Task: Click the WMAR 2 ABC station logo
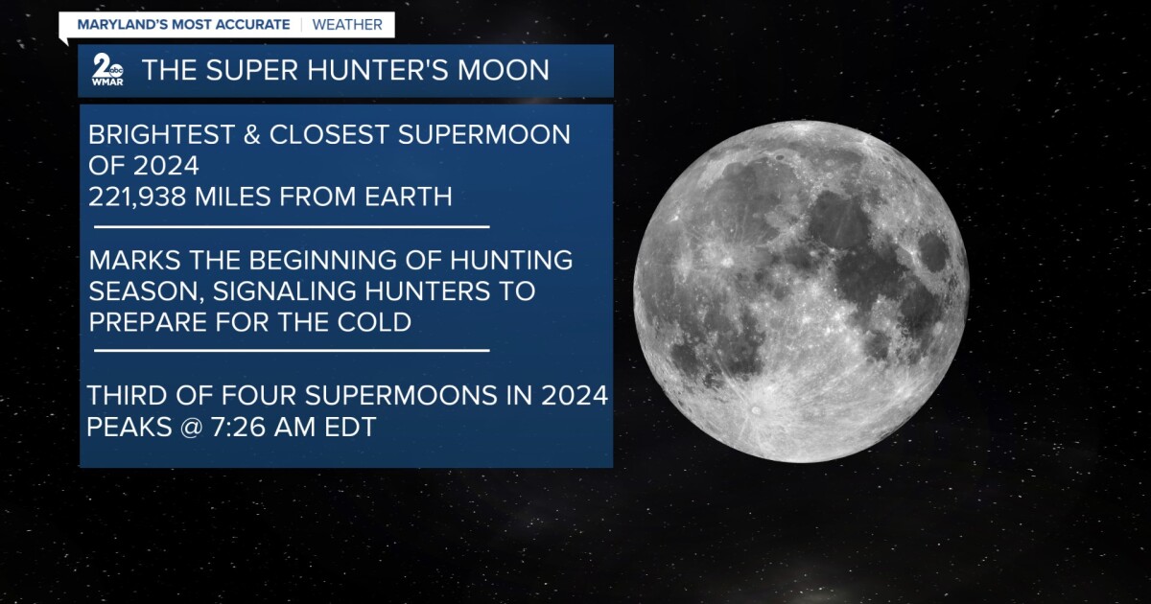[x=107, y=69]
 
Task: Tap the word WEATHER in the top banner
[x=347, y=25]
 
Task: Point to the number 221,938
[x=137, y=197]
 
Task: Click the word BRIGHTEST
[x=161, y=134]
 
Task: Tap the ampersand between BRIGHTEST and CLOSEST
[x=251, y=134]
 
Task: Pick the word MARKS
[x=134, y=260]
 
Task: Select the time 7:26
[x=238, y=428]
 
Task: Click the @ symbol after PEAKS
[x=191, y=428]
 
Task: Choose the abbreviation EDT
[x=350, y=428]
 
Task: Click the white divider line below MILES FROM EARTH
[x=292, y=226]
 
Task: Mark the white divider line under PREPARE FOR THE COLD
[x=292, y=351]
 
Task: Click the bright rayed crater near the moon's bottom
[x=756, y=410]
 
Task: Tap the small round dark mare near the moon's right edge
[x=932, y=252]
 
